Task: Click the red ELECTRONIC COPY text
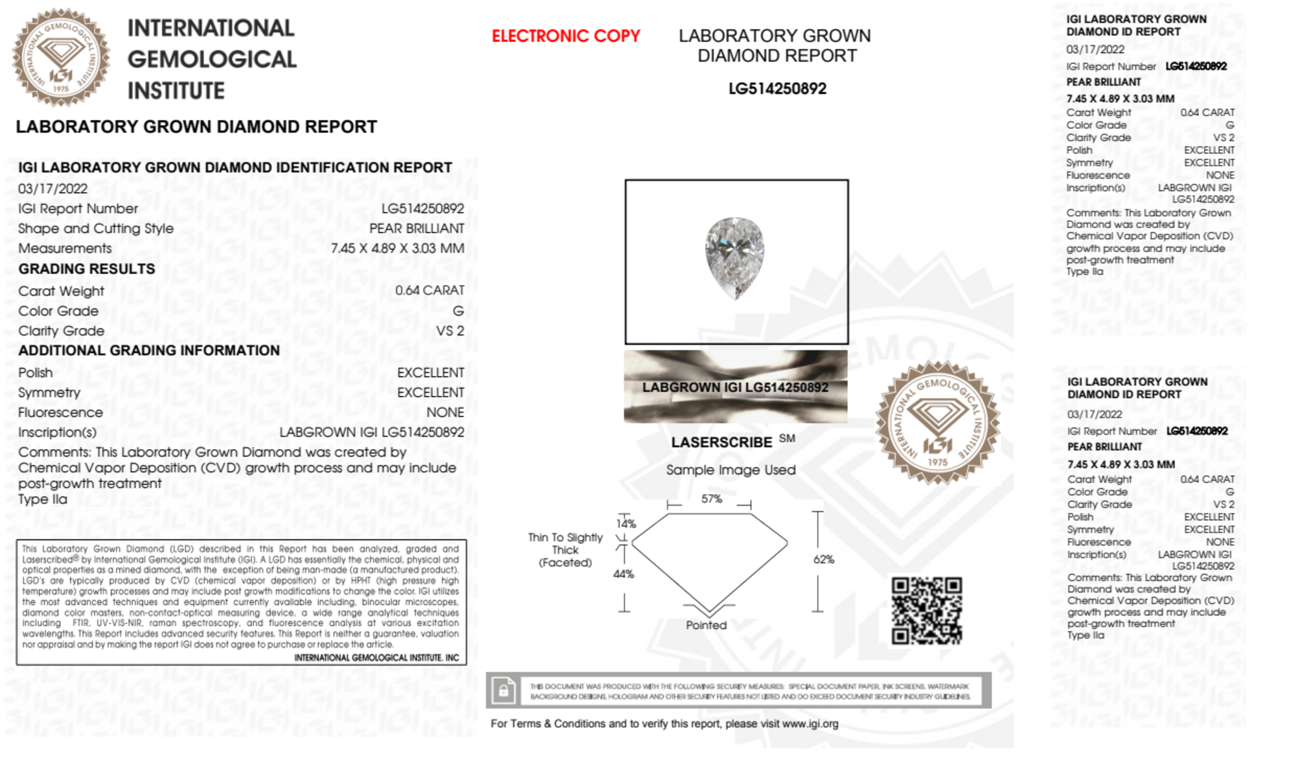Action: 565,36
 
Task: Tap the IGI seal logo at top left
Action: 61,58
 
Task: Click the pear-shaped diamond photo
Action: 734,257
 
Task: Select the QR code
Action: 926,610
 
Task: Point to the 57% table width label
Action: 711,499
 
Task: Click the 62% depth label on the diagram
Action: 823,560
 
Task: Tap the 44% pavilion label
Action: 623,574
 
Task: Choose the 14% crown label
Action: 626,523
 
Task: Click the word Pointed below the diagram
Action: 706,625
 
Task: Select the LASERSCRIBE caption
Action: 722,442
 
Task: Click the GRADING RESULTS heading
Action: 87,269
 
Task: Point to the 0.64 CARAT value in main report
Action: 429,290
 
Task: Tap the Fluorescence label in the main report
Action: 60,413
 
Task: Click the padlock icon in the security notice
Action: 503,691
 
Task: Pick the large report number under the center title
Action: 777,89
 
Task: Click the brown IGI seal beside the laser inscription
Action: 937,423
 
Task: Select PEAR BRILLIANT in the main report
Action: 416,229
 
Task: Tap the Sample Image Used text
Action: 731,470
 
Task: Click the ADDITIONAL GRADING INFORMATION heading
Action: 149,350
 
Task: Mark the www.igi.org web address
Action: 810,724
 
